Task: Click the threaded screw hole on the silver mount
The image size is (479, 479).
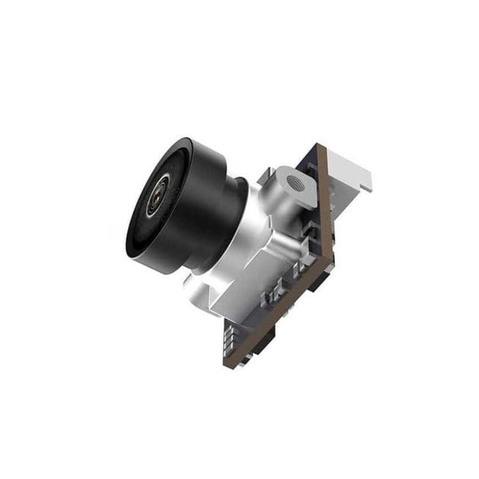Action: click(x=292, y=182)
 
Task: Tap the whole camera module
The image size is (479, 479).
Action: click(x=243, y=243)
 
